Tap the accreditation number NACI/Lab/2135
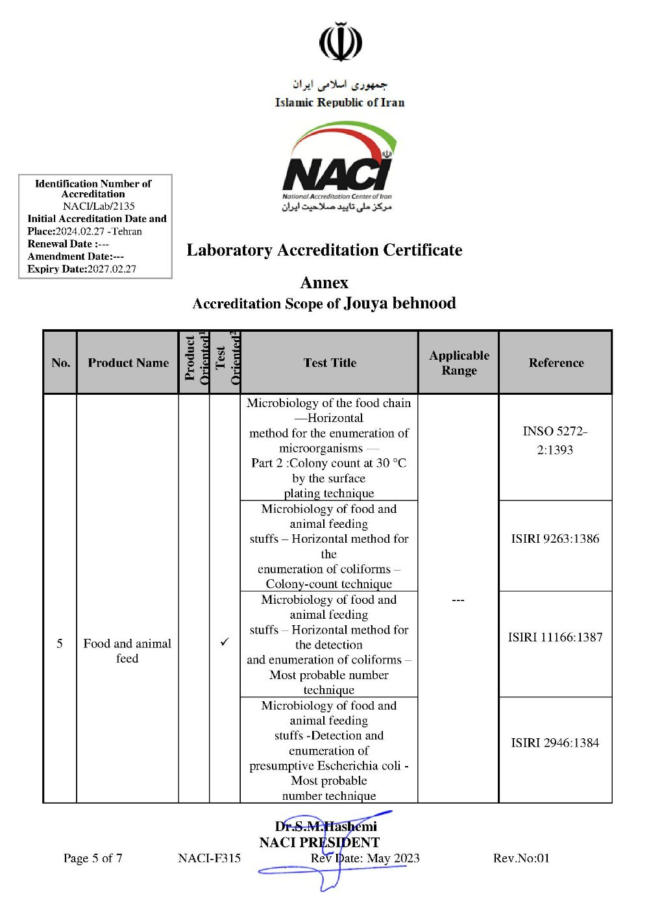pyautogui.click(x=99, y=206)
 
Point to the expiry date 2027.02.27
pyautogui.click(x=112, y=269)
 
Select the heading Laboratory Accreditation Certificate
pyautogui.click(x=324, y=250)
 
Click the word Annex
pyautogui.click(x=324, y=282)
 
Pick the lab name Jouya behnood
pyautogui.click(x=399, y=303)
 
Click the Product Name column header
pyautogui.click(x=128, y=363)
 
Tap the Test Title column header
pyautogui.click(x=330, y=363)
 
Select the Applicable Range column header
pyautogui.click(x=459, y=363)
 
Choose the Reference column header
pyautogui.click(x=556, y=363)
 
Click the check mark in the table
pyautogui.click(x=225, y=642)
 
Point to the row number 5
pyautogui.click(x=60, y=643)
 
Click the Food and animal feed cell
pyautogui.click(x=127, y=651)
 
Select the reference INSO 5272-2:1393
pyautogui.click(x=555, y=440)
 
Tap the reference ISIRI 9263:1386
pyautogui.click(x=555, y=538)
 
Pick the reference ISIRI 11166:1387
pyautogui.click(x=555, y=637)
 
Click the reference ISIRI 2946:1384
pyautogui.click(x=555, y=743)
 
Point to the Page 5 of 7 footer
pyautogui.click(x=93, y=858)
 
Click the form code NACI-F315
pyautogui.click(x=209, y=858)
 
